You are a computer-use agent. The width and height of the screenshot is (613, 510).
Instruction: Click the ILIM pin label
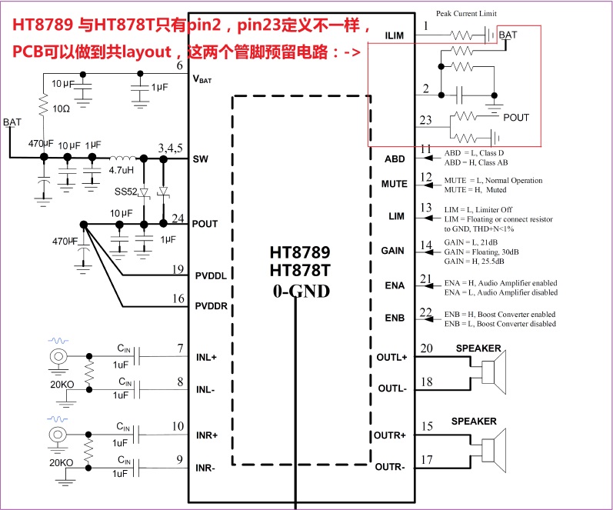click(393, 35)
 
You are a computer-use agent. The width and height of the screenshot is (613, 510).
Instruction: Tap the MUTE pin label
click(394, 184)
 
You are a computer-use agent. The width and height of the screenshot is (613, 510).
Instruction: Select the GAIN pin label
click(394, 251)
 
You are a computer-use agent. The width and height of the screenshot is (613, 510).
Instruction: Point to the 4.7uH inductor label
click(122, 169)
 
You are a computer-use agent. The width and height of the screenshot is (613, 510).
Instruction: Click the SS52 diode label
click(125, 191)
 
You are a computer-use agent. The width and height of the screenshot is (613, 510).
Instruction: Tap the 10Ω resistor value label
click(60, 108)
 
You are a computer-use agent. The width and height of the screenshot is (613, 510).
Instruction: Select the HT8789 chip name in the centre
click(299, 253)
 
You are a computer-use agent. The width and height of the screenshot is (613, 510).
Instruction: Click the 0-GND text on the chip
click(299, 291)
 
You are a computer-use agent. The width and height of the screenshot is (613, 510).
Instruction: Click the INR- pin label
click(205, 468)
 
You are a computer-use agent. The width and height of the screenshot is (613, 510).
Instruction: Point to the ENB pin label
click(394, 318)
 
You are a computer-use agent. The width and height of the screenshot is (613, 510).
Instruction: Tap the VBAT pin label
click(202, 78)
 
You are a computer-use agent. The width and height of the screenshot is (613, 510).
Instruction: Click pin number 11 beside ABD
click(428, 148)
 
